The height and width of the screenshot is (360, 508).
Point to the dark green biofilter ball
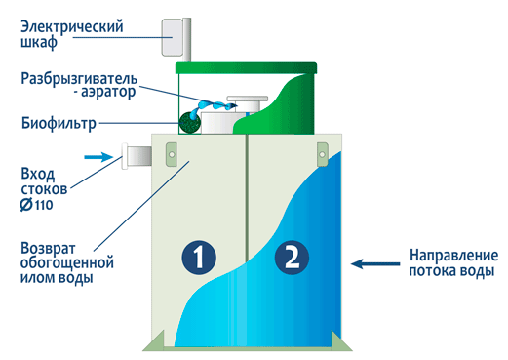point(189,122)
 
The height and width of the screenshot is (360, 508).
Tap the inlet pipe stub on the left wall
point(134,155)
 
